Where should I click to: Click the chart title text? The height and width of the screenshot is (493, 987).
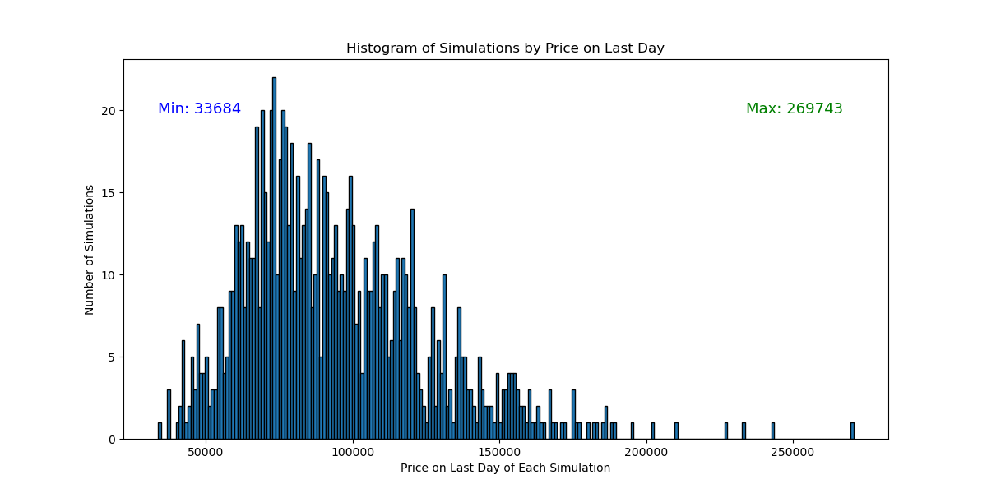(x=505, y=48)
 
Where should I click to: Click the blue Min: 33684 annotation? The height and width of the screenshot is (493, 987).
(x=199, y=108)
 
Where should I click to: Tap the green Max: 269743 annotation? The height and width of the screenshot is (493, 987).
(x=794, y=108)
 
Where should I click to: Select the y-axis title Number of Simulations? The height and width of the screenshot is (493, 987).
(x=89, y=250)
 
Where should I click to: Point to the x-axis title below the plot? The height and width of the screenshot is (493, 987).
(x=505, y=468)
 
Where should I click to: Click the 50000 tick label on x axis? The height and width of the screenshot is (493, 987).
(x=206, y=453)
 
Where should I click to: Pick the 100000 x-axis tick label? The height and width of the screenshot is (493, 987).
(x=353, y=453)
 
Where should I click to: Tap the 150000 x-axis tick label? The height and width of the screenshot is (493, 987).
(x=499, y=453)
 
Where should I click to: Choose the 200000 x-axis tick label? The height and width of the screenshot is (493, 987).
(x=646, y=453)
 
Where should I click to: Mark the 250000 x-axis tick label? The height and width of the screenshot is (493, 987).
(x=793, y=453)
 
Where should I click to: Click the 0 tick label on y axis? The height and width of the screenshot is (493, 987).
(x=112, y=440)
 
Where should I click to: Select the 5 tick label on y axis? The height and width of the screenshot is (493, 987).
(x=112, y=357)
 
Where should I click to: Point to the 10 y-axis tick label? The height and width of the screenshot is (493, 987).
(x=109, y=275)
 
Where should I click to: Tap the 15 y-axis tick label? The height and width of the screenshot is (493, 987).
(x=109, y=193)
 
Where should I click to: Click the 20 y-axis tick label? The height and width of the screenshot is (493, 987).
(x=109, y=111)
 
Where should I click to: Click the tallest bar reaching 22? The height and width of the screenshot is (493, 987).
(x=274, y=258)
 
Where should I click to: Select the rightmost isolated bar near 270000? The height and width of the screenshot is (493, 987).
(x=852, y=431)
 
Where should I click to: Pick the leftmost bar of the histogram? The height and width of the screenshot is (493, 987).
(x=160, y=431)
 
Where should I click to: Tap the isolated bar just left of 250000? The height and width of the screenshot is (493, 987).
(x=773, y=431)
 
